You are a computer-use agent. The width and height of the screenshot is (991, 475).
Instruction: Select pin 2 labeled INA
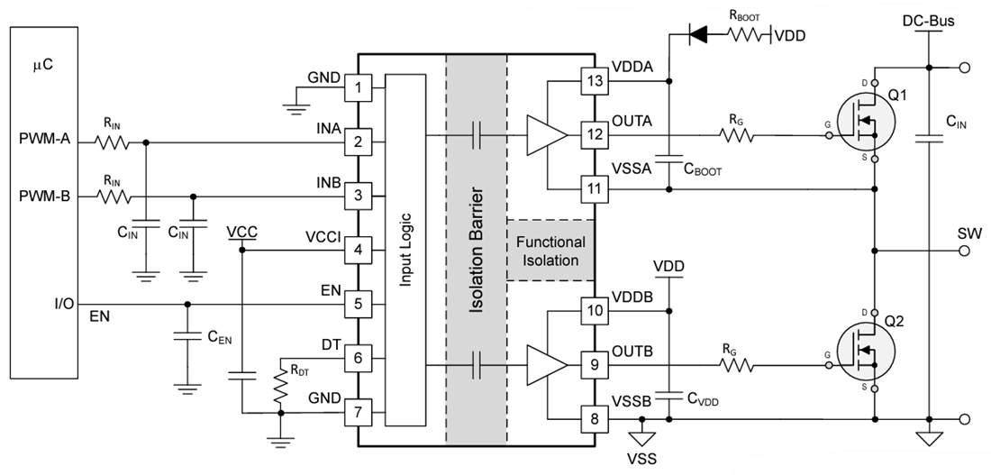(x=358, y=142)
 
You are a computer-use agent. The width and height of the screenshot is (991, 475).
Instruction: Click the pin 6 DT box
(x=358, y=358)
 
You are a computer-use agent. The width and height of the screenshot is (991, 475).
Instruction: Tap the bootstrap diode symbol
(x=698, y=35)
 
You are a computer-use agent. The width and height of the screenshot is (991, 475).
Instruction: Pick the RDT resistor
(x=282, y=384)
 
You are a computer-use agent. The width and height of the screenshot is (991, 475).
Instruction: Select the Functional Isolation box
(x=550, y=251)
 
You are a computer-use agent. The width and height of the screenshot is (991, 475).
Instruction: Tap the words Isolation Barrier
(x=476, y=251)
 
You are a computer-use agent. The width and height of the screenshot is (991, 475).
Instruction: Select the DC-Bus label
(x=927, y=19)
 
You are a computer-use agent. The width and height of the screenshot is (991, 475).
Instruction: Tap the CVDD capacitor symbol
(x=668, y=394)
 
